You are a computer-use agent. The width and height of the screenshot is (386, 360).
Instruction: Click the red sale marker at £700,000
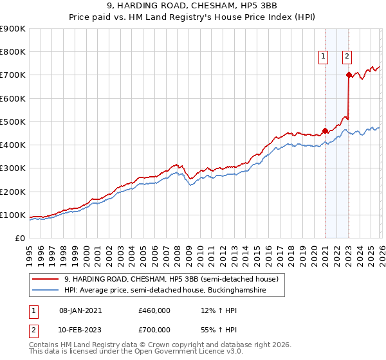pyautogui.click(x=349, y=75)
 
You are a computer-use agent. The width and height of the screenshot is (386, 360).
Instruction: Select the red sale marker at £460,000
pyautogui.click(x=325, y=130)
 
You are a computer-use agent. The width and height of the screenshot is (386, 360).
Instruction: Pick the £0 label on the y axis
pyautogui.click(x=19, y=238)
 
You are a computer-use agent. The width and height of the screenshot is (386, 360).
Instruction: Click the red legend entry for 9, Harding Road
pyautogui.click(x=170, y=279)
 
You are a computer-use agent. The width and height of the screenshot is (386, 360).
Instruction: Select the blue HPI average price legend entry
pyautogui.click(x=174, y=291)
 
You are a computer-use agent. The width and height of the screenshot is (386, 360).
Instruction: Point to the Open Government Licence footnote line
pyautogui.click(x=136, y=352)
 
